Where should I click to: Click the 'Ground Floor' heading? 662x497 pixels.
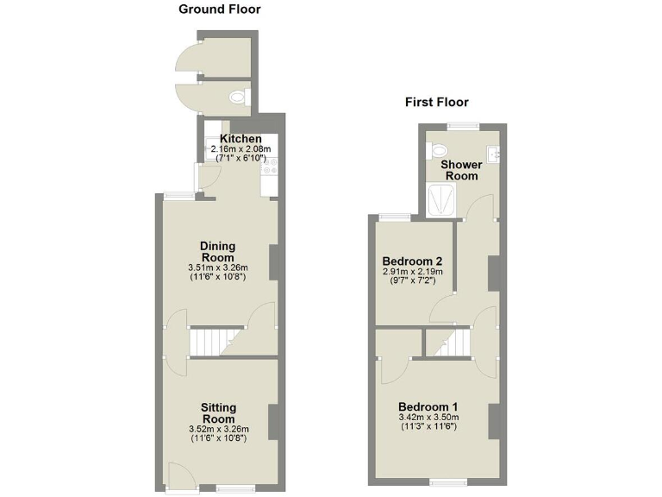click(x=219, y=9)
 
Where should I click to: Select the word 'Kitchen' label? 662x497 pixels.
click(x=240, y=139)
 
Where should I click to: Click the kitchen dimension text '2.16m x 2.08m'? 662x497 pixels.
click(x=240, y=149)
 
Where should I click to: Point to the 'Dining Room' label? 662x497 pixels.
click(x=217, y=251)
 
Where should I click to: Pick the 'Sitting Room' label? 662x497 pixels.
click(x=218, y=412)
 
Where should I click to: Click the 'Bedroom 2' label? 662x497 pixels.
click(x=412, y=261)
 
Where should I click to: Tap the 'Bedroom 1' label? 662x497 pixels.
click(x=428, y=406)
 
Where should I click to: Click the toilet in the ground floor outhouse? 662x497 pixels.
click(x=241, y=98)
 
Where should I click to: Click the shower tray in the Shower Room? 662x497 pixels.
click(x=442, y=201)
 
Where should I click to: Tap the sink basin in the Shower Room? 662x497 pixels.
click(x=492, y=154)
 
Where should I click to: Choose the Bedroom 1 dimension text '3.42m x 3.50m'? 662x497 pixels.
click(x=428, y=417)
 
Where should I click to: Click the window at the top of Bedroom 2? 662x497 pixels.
click(x=395, y=217)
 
